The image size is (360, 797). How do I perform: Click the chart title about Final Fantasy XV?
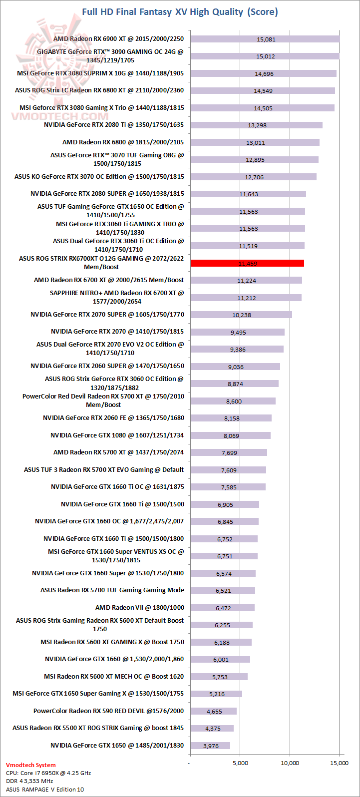(x=180, y=11)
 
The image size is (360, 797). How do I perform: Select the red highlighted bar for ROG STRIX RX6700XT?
(x=247, y=263)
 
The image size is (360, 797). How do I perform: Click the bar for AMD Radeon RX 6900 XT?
(x=265, y=39)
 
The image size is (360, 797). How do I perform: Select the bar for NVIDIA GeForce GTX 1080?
(x=230, y=435)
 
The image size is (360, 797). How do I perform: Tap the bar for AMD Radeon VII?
(x=222, y=608)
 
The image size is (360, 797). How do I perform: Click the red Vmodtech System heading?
(x=31, y=765)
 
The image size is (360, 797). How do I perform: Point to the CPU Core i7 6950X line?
(x=48, y=773)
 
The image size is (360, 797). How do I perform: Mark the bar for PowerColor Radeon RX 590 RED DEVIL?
(x=213, y=711)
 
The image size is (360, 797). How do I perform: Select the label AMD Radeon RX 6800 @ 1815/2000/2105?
(x=123, y=142)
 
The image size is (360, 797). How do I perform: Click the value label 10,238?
(x=241, y=315)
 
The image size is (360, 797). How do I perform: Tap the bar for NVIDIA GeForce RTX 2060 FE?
(x=231, y=418)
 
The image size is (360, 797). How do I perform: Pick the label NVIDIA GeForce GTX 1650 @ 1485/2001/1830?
(x=117, y=746)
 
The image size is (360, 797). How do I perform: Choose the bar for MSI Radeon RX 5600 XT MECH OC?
(x=219, y=677)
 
